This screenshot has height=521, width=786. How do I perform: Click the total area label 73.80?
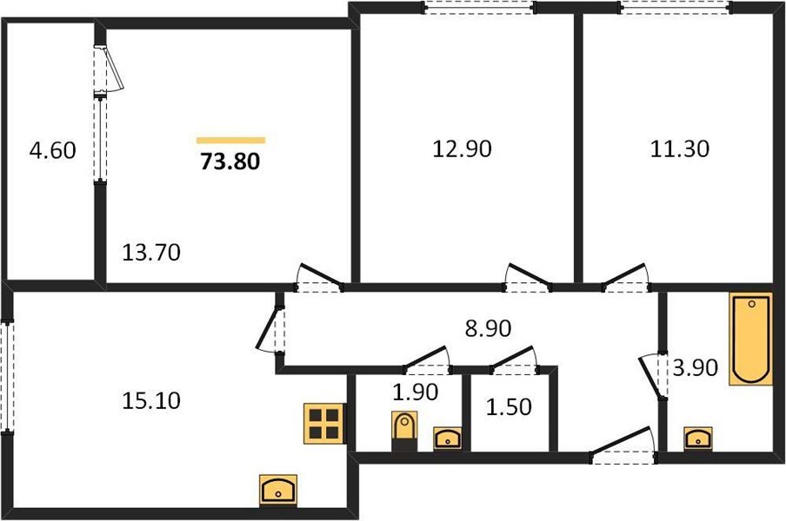tap(230, 161)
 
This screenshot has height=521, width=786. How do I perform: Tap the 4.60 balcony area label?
tap(52, 150)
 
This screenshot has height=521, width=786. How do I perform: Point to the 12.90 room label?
tap(462, 148)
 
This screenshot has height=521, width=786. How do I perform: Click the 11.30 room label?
tap(680, 148)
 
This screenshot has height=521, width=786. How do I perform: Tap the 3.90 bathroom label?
tap(695, 368)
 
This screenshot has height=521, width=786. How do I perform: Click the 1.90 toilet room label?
tap(413, 392)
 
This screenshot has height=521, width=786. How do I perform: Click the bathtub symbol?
tap(751, 339)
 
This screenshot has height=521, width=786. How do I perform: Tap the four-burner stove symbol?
tap(323, 424)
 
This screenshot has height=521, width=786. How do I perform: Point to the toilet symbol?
tap(403, 429)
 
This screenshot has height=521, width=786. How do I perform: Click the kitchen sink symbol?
tap(279, 490)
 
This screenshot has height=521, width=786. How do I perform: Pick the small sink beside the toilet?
tap(447, 438)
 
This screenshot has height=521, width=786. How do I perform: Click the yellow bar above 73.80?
tap(230, 139)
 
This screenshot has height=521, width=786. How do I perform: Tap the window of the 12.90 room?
tap(478, 8)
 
